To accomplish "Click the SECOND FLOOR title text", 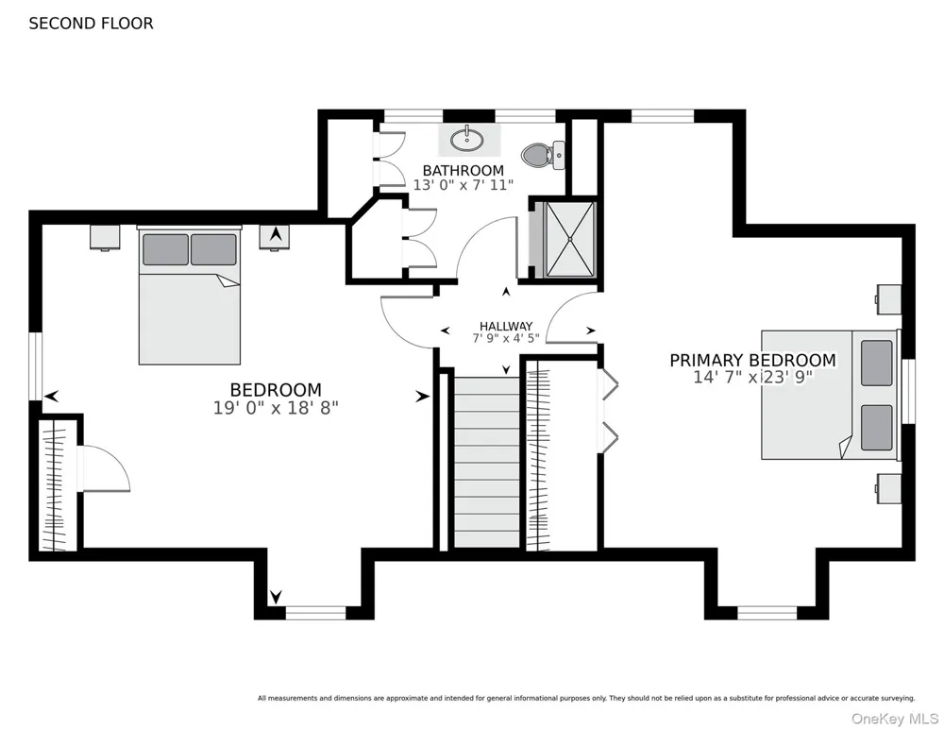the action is [91, 24].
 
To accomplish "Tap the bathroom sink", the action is [467, 141].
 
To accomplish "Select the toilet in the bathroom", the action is [543, 154].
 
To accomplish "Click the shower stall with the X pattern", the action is [569, 240].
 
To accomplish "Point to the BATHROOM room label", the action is [463, 171].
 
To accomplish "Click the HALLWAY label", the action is [506, 326].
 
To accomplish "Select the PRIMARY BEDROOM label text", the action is [752, 361].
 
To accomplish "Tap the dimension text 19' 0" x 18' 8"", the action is [276, 408].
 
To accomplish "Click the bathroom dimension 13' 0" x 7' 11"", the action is [463, 185].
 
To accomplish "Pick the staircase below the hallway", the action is [486, 462].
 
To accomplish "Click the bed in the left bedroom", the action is [190, 296].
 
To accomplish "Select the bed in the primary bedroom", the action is [831, 395].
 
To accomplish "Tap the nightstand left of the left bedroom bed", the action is [105, 237].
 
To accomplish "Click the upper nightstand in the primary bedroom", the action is [888, 299].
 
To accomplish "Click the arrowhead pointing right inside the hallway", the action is [591, 331].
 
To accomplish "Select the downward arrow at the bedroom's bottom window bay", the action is [276, 597].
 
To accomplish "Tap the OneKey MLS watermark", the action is [895, 719].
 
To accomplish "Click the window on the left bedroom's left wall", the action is [36, 366].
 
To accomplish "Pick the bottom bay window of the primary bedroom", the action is [767, 614].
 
